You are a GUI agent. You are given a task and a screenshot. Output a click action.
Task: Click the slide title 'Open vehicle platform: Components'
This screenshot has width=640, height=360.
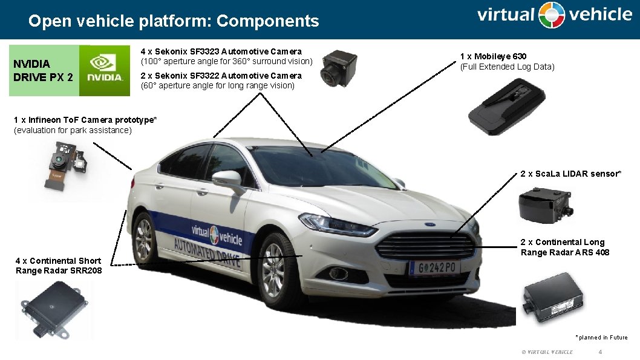point(174,21)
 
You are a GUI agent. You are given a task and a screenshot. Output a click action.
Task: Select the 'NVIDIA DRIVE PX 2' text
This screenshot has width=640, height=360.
point(43,70)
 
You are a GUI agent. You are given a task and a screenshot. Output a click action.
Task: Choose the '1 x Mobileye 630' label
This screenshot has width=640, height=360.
point(494,56)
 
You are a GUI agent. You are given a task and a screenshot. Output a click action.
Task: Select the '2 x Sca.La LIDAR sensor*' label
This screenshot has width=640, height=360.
point(570,174)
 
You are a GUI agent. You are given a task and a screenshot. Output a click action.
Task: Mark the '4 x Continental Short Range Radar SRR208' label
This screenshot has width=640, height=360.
point(59,266)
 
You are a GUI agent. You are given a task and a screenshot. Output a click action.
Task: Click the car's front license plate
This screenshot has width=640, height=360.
point(434,267)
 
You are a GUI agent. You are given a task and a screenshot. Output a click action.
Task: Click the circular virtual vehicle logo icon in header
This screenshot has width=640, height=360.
point(552,15)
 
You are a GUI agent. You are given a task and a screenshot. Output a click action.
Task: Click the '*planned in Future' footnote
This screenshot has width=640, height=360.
point(601,338)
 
